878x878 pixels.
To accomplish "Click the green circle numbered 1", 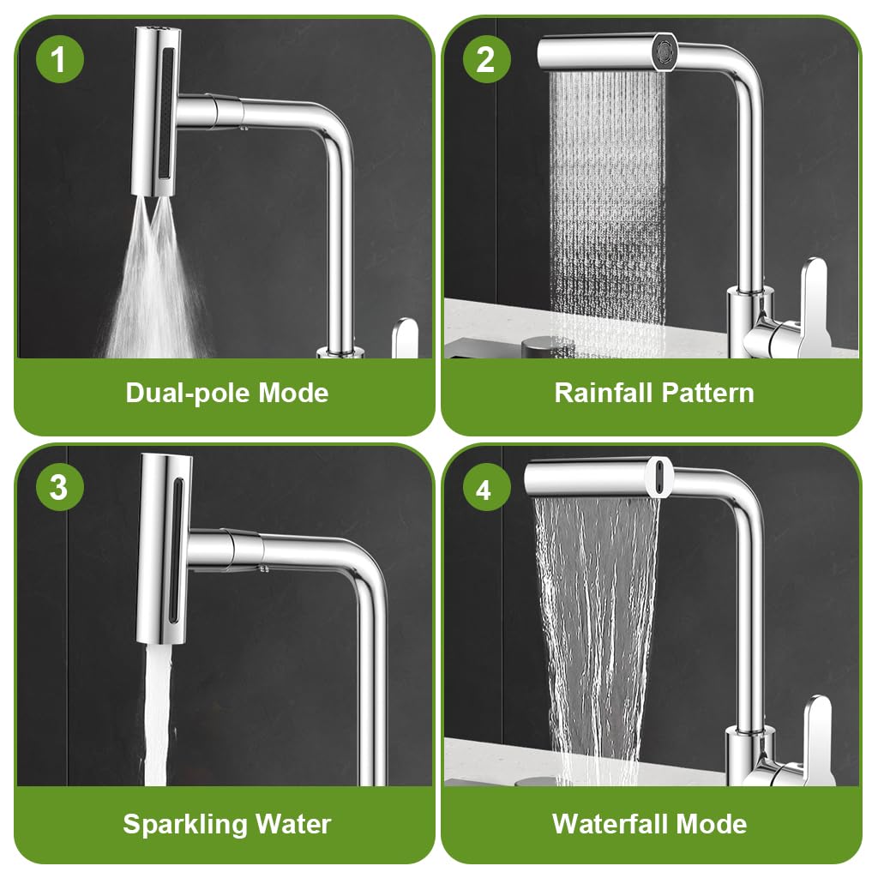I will click(59, 59).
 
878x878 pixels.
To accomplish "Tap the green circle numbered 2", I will click(485, 59).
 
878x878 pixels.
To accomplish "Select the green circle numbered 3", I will click(59, 487).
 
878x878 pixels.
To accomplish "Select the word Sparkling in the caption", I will click(178, 825).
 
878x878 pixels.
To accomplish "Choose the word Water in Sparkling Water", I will click(286, 825).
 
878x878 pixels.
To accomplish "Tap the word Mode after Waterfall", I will click(712, 825).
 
